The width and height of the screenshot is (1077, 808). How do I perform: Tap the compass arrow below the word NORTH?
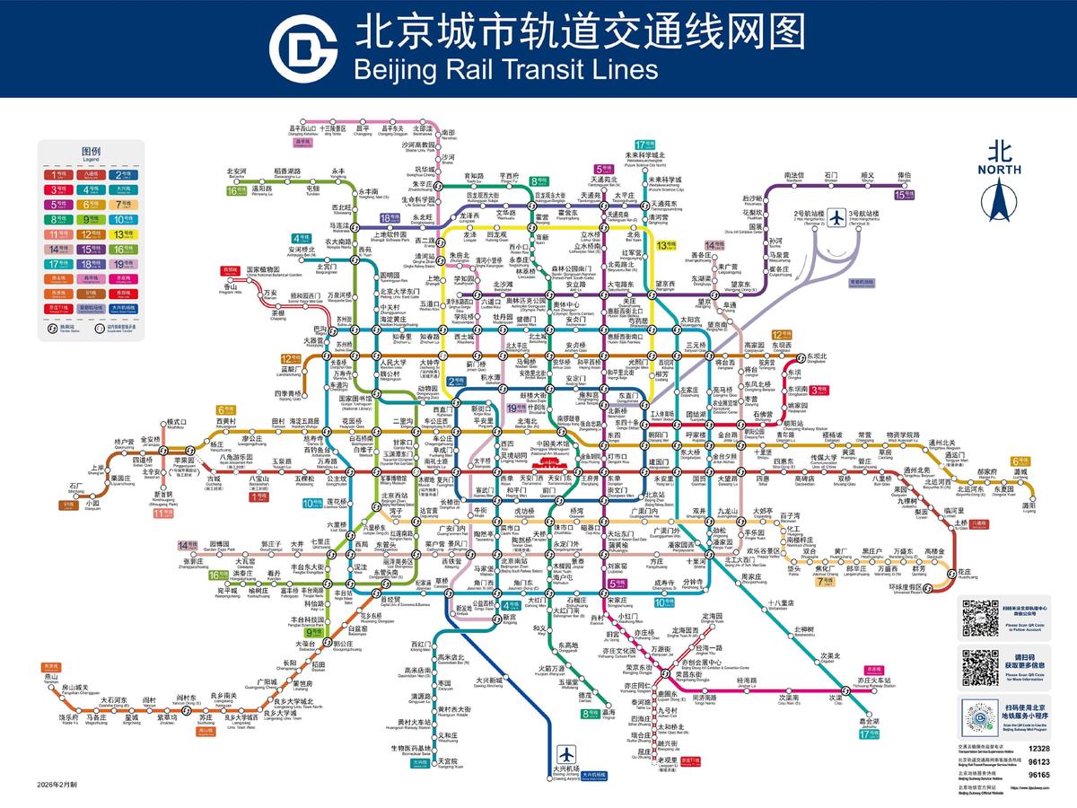tap(1000, 199)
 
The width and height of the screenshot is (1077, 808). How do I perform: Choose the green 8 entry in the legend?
tap(58, 218)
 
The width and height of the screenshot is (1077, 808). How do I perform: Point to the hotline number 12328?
tap(1038, 748)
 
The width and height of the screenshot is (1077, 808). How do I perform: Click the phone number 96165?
tap(1038, 774)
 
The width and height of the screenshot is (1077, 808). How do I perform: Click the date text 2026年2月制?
tap(58, 784)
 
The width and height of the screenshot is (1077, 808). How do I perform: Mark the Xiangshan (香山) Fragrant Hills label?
tap(232, 286)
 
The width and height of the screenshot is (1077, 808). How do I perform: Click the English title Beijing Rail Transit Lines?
tap(506, 68)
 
